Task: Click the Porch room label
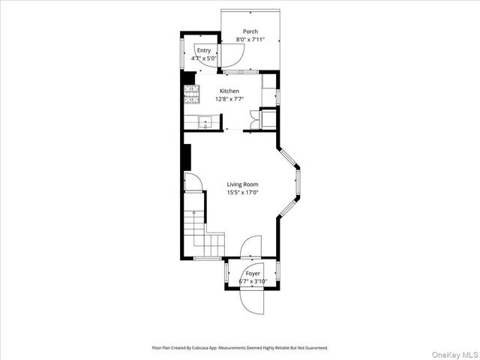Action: [250, 31]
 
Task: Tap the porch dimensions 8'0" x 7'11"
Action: [250, 39]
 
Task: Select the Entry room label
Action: [204, 50]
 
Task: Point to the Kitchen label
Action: [229, 91]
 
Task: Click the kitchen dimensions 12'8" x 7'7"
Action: [229, 98]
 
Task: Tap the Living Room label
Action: [242, 184]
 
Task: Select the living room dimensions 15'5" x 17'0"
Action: [242, 192]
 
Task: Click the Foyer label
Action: [253, 274]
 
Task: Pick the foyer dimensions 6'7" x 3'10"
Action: [253, 282]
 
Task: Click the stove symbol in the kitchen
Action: [192, 94]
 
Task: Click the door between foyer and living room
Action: [251, 247]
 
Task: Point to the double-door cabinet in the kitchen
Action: [266, 119]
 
